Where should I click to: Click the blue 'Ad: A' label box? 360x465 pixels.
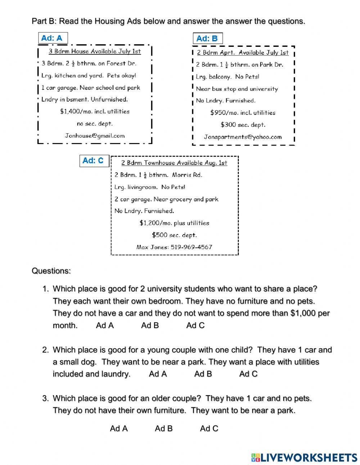point(53,38)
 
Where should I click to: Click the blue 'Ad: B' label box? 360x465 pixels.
point(208,39)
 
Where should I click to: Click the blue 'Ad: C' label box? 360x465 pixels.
point(94,161)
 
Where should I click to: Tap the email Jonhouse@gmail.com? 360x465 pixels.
point(95,136)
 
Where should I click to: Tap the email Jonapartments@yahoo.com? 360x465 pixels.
point(243,137)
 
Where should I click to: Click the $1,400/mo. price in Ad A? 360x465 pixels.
point(74,112)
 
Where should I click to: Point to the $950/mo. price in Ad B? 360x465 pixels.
point(223,113)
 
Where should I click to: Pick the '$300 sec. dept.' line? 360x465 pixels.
point(243,125)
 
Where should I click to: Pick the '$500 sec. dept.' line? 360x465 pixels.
point(174,235)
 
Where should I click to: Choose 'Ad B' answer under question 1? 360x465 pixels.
point(150,326)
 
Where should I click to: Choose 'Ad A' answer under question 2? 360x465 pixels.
point(158,374)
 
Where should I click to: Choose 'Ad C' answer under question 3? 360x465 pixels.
point(209,428)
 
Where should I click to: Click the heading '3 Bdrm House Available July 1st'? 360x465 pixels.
point(95,51)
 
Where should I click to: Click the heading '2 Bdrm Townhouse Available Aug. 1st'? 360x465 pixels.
point(174,163)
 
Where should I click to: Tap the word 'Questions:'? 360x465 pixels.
point(51,271)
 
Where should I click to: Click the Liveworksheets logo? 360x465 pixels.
point(304,457)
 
